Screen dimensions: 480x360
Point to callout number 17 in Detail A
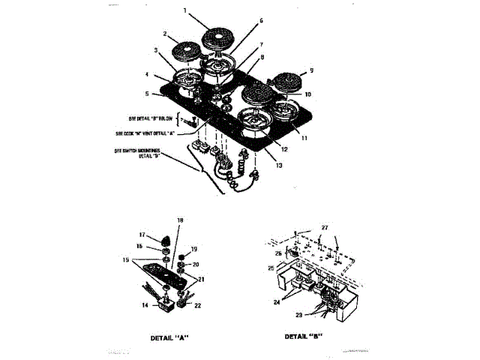click(x=141, y=235)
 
